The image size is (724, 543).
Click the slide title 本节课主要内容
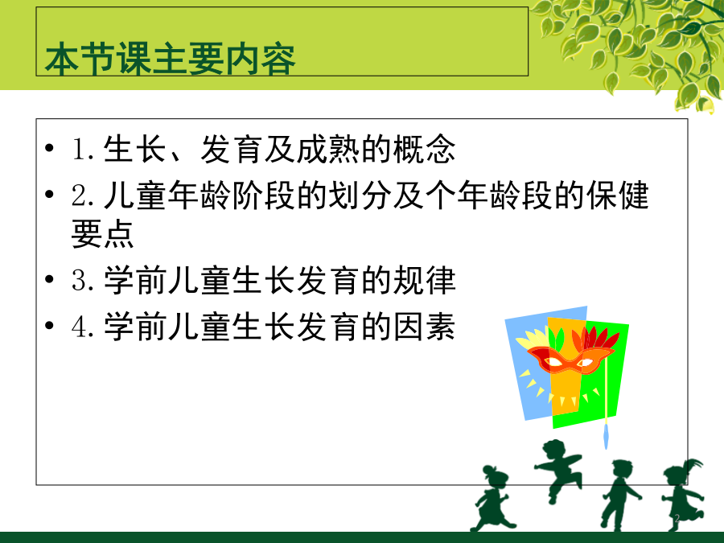[170, 60]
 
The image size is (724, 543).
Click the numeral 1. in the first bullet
[84, 149]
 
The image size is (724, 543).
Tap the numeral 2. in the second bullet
[84, 195]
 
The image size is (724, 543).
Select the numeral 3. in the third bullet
[84, 280]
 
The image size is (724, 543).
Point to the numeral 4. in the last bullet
[84, 327]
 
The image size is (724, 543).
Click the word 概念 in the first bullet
[424, 149]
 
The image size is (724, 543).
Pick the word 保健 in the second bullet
[618, 195]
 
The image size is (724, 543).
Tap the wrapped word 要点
[102, 233]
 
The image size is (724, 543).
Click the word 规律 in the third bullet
[424, 280]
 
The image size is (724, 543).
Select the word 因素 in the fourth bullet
[424, 327]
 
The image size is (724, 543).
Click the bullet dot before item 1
[49, 148]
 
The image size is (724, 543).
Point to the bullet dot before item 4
[49, 326]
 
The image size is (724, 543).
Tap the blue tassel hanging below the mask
[607, 436]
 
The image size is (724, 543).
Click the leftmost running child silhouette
[492, 499]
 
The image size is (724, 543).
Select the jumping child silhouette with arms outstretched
[557, 470]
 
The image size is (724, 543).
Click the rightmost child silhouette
[683, 494]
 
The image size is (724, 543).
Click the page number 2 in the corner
[677, 519]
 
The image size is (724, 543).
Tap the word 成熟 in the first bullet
[328, 149]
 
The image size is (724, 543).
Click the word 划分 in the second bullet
[360, 195]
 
